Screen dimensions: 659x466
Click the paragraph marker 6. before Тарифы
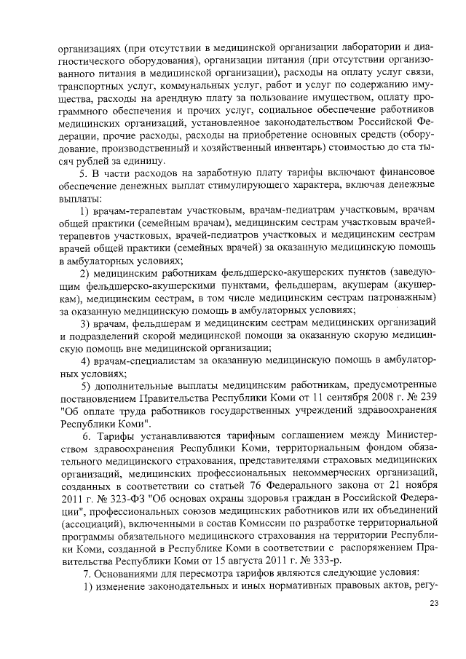coord(87,435)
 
